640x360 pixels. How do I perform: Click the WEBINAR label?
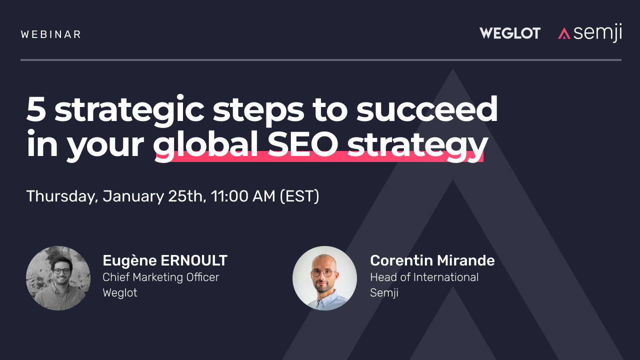click(51, 34)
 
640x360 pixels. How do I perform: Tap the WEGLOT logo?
click(510, 33)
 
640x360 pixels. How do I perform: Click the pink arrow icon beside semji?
click(564, 33)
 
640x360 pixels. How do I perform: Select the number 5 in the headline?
click(36, 109)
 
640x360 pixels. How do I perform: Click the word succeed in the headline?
click(427, 109)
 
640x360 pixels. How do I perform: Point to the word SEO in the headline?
click(303, 143)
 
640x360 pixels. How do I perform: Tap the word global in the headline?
click(205, 145)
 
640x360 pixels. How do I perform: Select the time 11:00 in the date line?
click(229, 196)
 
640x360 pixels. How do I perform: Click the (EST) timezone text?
click(299, 196)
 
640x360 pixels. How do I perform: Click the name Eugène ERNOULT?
click(165, 260)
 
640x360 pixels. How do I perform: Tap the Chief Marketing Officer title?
click(161, 277)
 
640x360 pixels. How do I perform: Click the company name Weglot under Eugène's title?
click(120, 293)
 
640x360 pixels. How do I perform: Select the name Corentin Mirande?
click(432, 260)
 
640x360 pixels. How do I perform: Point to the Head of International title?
click(424, 277)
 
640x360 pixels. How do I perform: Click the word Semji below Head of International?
click(384, 293)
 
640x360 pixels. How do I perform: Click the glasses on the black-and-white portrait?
click(61, 271)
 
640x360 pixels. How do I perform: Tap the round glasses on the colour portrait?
click(323, 273)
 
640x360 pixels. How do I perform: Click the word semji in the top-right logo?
click(597, 33)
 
